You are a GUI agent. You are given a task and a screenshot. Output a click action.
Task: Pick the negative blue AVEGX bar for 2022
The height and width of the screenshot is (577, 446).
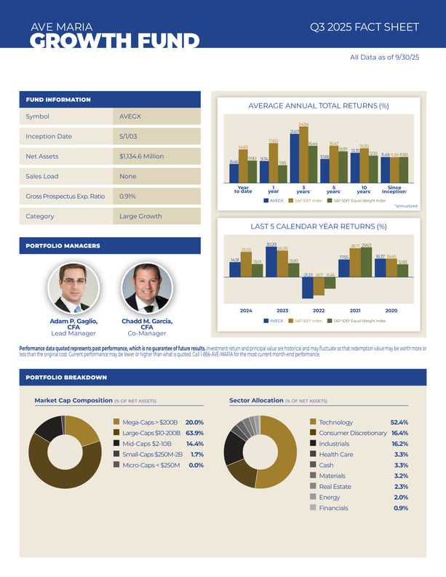307,287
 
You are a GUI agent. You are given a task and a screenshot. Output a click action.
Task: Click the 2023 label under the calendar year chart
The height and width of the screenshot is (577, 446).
282,311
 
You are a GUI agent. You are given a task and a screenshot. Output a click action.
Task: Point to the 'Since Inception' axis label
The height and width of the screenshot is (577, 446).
394,190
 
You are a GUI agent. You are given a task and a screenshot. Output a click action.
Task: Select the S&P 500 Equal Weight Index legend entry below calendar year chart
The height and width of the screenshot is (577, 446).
358,321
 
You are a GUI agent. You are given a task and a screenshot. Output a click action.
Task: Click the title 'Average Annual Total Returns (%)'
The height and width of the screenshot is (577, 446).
318,106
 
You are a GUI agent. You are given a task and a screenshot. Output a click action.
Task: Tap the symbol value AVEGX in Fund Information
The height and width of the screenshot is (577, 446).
131,116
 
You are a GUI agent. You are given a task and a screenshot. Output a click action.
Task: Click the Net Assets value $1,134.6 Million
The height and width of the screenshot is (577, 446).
142,156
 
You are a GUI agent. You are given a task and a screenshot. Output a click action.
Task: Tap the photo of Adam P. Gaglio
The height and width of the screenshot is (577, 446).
73,288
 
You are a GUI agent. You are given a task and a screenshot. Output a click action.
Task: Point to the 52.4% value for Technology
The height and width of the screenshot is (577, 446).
399,422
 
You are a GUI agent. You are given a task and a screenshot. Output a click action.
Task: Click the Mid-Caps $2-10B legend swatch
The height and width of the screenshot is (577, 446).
116,443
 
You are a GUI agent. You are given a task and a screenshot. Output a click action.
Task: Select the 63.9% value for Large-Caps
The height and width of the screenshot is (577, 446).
194,433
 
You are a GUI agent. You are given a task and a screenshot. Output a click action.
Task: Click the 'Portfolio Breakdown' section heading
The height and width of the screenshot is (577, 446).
66,378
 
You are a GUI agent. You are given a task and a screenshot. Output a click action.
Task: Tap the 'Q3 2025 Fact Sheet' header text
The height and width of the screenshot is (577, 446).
364,27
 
